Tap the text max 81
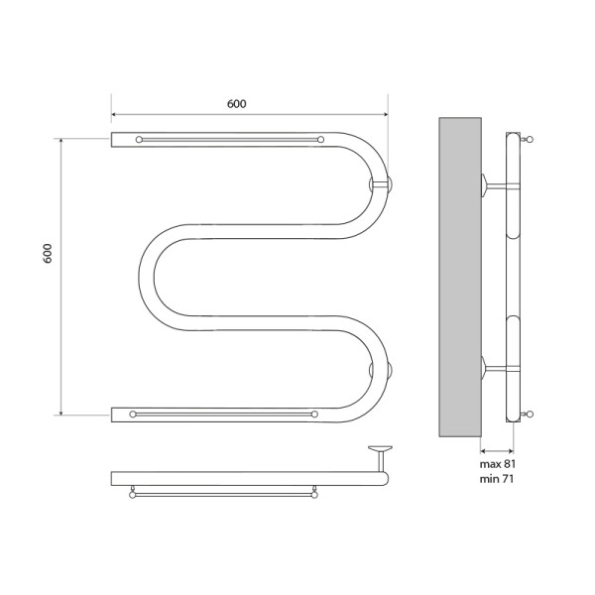(x=499, y=463)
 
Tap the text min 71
(x=498, y=479)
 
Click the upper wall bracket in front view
(x=382, y=183)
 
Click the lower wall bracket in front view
(x=382, y=370)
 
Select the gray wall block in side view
(x=459, y=278)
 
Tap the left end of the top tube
(x=116, y=140)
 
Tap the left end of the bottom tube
(x=116, y=413)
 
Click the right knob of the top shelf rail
(x=320, y=140)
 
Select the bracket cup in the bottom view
(x=378, y=451)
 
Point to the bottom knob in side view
(x=531, y=413)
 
